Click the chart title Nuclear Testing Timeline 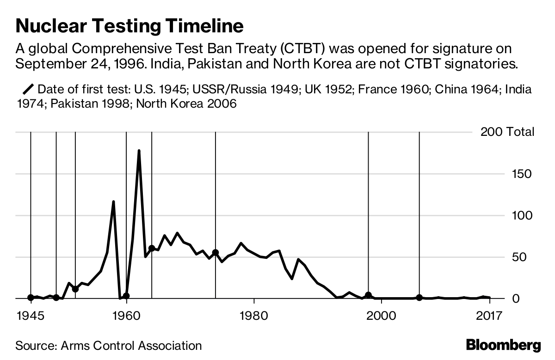(129, 26)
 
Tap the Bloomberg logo (503, 345)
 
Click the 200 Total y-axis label (507, 132)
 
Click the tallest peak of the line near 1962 (139, 151)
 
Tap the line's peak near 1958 (113, 202)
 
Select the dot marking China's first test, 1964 (152, 248)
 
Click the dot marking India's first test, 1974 (216, 252)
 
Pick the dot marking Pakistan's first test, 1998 (368, 295)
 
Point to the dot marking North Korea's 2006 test (419, 298)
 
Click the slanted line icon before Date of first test (28, 89)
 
